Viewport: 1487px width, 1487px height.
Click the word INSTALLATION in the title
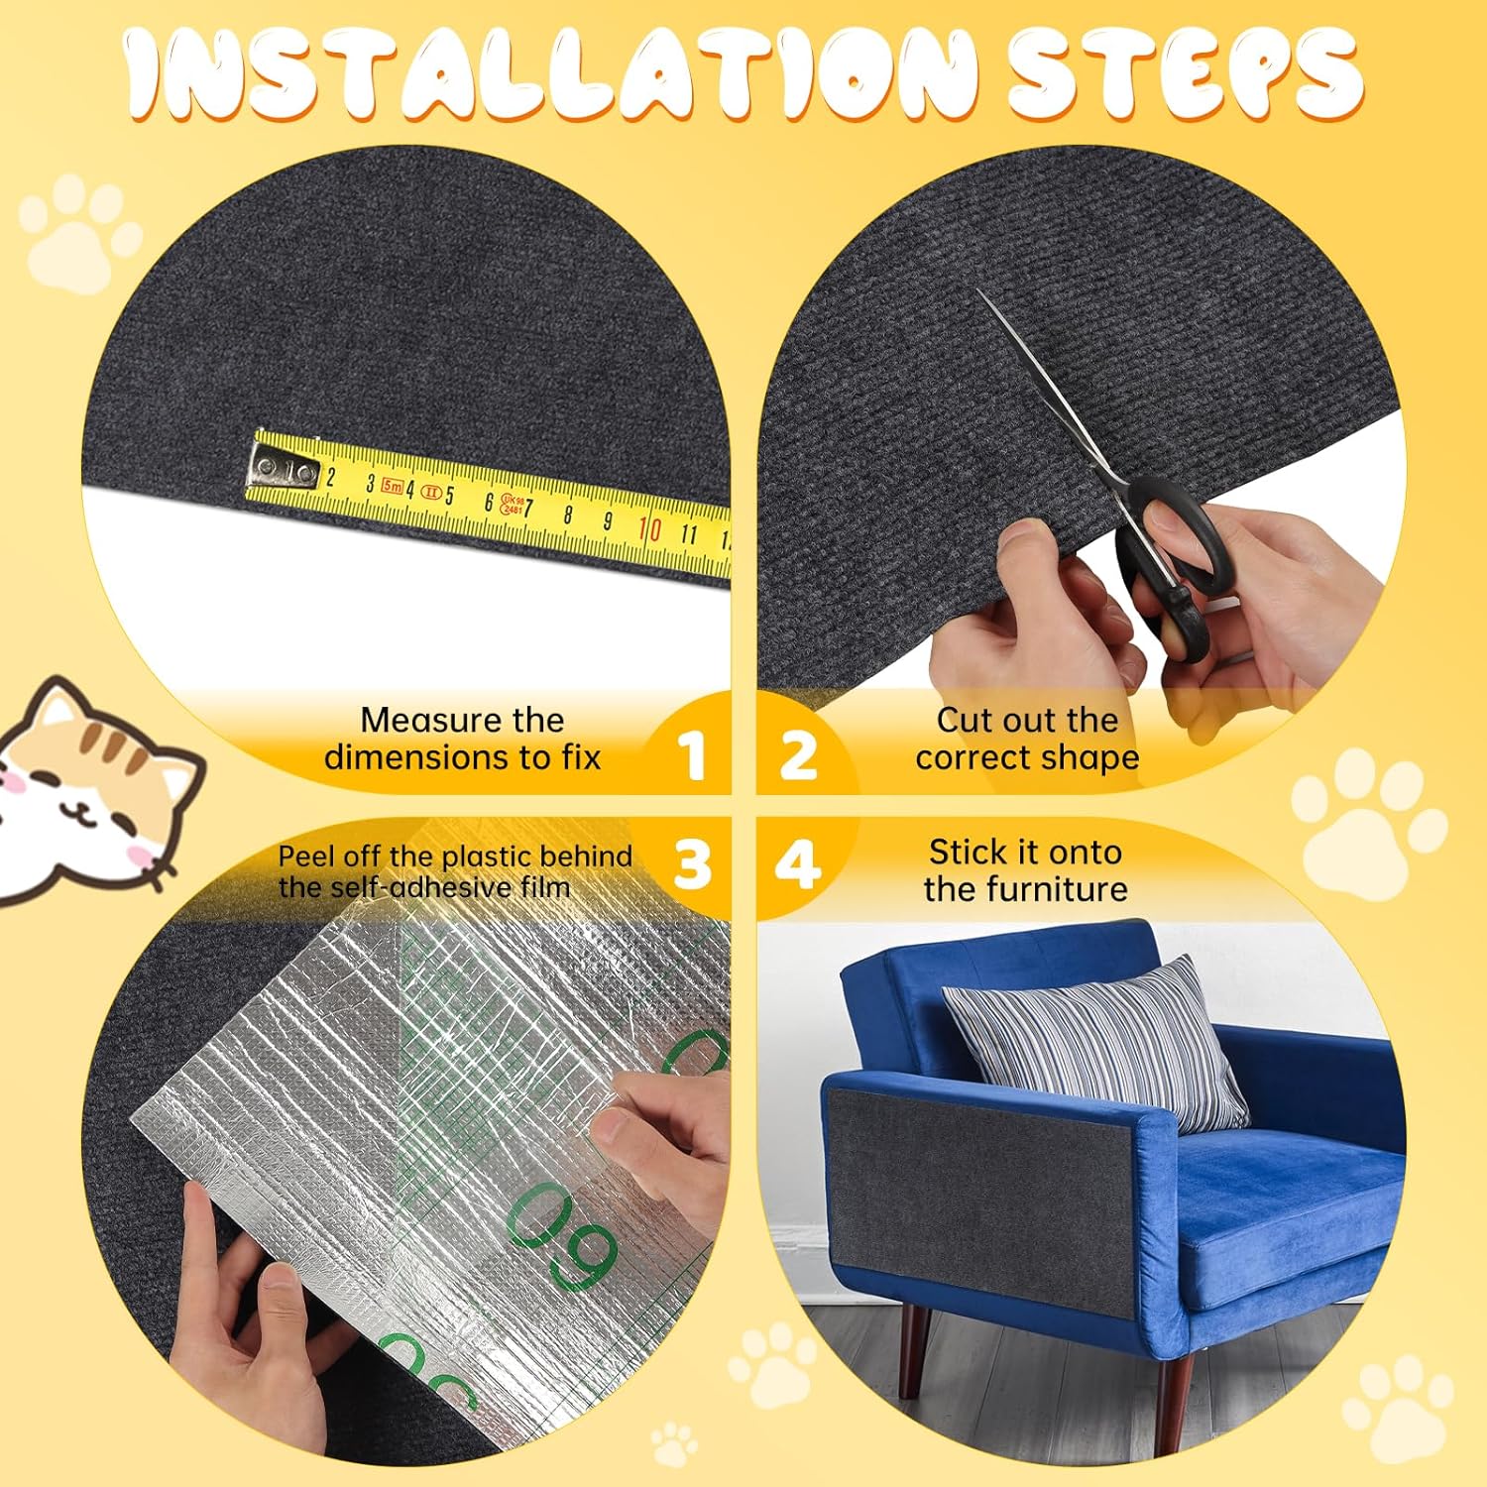(551, 73)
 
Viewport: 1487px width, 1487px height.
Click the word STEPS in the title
(1186, 73)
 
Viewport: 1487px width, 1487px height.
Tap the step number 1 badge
(692, 755)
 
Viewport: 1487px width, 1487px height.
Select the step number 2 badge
(798, 755)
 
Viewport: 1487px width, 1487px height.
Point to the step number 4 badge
(798, 864)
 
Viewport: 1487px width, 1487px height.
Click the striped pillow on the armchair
(1095, 1041)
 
